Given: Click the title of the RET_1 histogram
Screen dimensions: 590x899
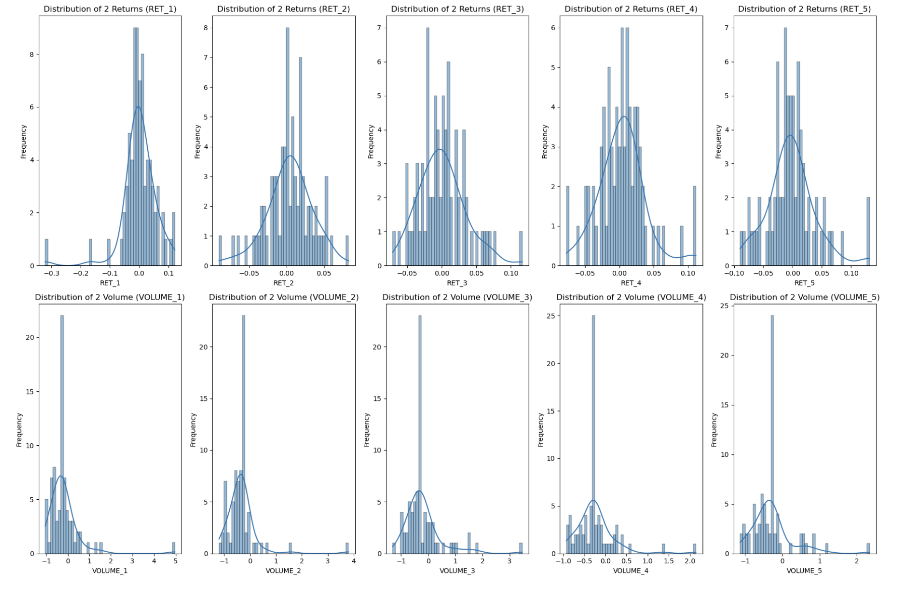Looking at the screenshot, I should pyautogui.click(x=110, y=9).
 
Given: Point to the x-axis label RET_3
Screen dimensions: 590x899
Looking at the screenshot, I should pyautogui.click(x=457, y=283).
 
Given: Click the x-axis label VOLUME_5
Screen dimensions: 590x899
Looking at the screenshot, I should pyautogui.click(x=804, y=570).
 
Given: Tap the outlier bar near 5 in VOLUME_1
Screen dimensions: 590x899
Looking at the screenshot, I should pyautogui.click(x=174, y=548).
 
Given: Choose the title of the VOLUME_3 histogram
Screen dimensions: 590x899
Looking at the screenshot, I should pyautogui.click(x=457, y=297).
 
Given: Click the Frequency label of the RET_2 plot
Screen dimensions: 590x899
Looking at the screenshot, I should pyautogui.click(x=198, y=142).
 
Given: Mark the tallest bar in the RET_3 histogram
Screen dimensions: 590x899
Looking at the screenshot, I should pyautogui.click(x=428, y=146).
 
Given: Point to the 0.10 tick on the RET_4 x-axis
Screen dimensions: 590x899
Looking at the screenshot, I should pyautogui.click(x=688, y=273).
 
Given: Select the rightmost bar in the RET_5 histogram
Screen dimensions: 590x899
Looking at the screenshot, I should pyautogui.click(x=868, y=231).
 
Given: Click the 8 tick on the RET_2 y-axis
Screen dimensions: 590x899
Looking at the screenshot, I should pyautogui.click(x=206, y=28).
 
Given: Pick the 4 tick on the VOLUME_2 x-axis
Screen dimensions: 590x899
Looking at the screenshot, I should pyautogui.click(x=353, y=561).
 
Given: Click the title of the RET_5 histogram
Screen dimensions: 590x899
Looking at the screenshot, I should pyautogui.click(x=804, y=9).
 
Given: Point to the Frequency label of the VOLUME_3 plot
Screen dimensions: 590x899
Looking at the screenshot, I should pyautogui.click(x=366, y=430).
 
